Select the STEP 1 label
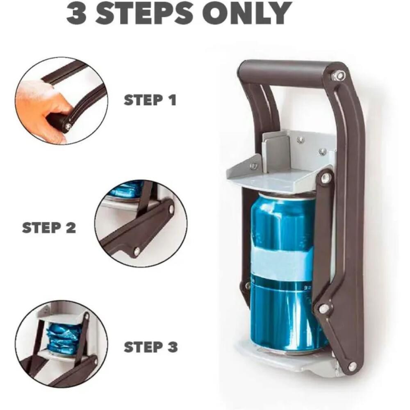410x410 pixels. tap(150, 100)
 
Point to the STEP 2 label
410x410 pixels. tap(49, 228)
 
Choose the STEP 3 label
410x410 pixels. tap(150, 347)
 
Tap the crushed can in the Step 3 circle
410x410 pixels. tap(59, 337)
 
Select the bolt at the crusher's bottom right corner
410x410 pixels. tap(352, 365)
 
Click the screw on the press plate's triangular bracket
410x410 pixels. tap(253, 165)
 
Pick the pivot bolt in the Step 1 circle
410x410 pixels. tap(68, 125)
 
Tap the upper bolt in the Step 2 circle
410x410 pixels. tap(171, 209)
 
